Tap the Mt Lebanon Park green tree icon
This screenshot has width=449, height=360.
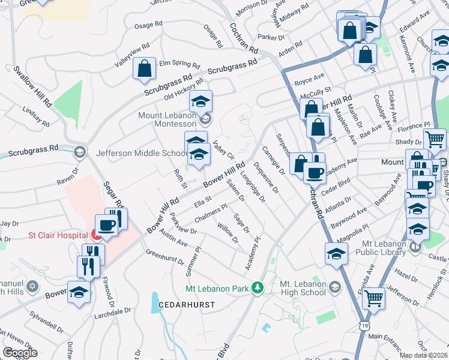point(258,288)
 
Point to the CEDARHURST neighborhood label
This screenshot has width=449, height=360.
point(178,305)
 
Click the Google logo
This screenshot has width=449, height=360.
point(20,353)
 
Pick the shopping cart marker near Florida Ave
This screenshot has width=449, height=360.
point(375,298)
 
